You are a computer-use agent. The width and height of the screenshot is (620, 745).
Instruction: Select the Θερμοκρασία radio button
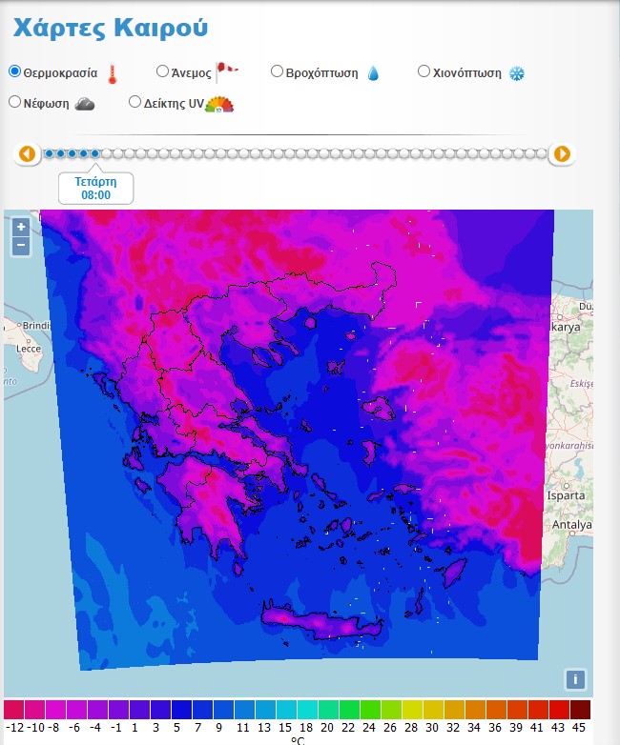click(x=15, y=71)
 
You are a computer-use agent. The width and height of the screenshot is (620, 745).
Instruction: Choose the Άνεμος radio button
click(x=162, y=71)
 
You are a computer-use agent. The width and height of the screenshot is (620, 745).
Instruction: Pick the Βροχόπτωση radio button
click(x=277, y=71)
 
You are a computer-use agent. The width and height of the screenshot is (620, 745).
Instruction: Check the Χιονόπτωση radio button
click(x=424, y=71)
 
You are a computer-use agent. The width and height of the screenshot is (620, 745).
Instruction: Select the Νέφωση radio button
click(x=15, y=102)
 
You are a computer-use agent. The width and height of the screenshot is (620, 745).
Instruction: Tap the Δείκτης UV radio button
click(x=134, y=102)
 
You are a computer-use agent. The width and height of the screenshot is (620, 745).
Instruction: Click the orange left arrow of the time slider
click(x=27, y=153)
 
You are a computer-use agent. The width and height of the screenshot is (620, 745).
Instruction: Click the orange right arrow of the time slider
click(x=563, y=153)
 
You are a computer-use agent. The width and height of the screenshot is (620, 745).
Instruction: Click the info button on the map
click(x=574, y=679)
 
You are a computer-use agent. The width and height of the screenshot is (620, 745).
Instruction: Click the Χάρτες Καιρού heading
click(x=110, y=28)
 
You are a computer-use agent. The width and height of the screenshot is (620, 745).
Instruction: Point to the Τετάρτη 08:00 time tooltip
click(x=95, y=188)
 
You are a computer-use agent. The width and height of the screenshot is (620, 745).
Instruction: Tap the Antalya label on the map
click(x=571, y=525)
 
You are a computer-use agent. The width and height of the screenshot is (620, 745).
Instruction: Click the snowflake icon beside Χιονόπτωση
click(x=517, y=73)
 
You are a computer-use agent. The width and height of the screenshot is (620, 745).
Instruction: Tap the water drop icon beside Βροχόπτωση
click(x=373, y=73)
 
